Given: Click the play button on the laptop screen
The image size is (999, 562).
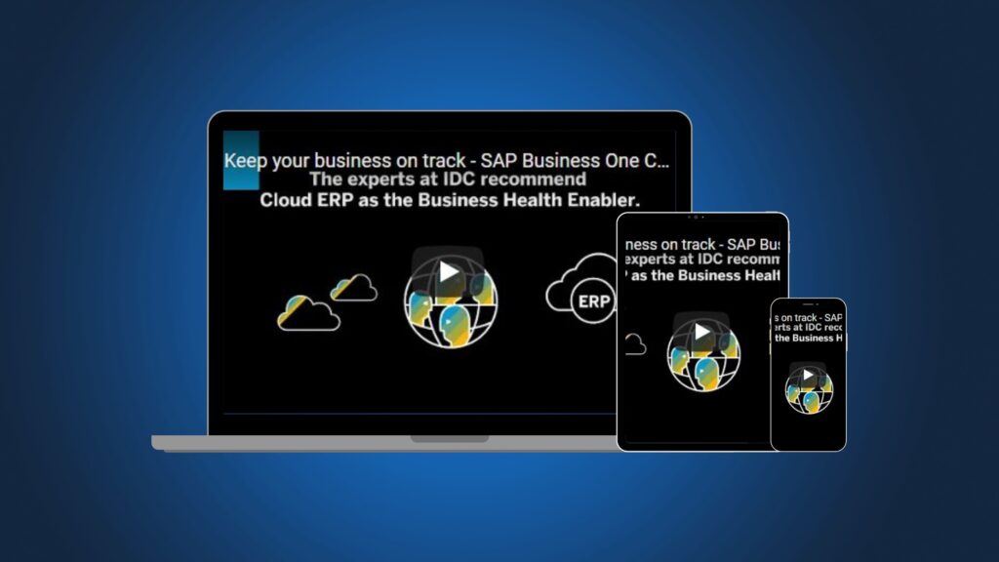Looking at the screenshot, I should pyautogui.click(x=448, y=271).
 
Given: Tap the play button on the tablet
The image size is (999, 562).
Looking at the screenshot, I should pyautogui.click(x=702, y=333).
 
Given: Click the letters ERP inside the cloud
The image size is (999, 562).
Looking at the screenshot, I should pyautogui.click(x=593, y=301).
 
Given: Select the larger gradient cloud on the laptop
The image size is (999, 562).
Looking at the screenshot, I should pyautogui.click(x=308, y=312).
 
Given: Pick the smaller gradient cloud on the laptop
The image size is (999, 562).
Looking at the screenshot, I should pyautogui.click(x=353, y=287).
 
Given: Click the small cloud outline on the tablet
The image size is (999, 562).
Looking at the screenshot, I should pyautogui.click(x=634, y=343).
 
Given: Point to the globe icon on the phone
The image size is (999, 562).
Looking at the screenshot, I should pyautogui.click(x=809, y=388).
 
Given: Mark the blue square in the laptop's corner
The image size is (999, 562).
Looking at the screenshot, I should pyautogui.click(x=241, y=160).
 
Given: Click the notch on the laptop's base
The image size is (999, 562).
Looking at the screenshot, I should pyautogui.click(x=450, y=439).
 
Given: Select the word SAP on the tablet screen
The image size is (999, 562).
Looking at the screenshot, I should pyautogui.click(x=744, y=243).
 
